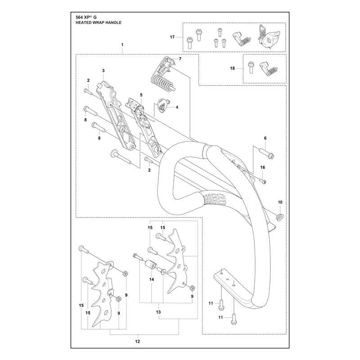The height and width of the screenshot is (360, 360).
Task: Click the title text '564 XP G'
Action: [86, 18]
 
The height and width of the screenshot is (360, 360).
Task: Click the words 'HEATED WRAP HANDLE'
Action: [99, 22]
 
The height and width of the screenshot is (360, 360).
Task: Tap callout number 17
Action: [172, 37]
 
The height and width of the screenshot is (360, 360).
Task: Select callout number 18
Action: [232, 68]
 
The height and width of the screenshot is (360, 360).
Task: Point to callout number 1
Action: [122, 45]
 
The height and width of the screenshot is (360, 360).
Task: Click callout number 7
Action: [180, 59]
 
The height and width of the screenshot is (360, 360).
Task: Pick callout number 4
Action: [177, 107]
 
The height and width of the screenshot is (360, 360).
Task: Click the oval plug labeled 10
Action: [279, 217]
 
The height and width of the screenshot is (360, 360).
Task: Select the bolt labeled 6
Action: [266, 153]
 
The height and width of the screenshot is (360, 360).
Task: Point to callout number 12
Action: [137, 342]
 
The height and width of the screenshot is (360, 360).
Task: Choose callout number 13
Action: [158, 312]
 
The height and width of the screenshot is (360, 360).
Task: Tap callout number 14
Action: [152, 279]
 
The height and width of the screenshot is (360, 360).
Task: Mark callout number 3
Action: [103, 71]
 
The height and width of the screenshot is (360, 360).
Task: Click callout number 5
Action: [141, 95]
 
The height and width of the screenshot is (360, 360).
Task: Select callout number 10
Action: [280, 202]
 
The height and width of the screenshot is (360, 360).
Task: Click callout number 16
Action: [263, 167]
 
